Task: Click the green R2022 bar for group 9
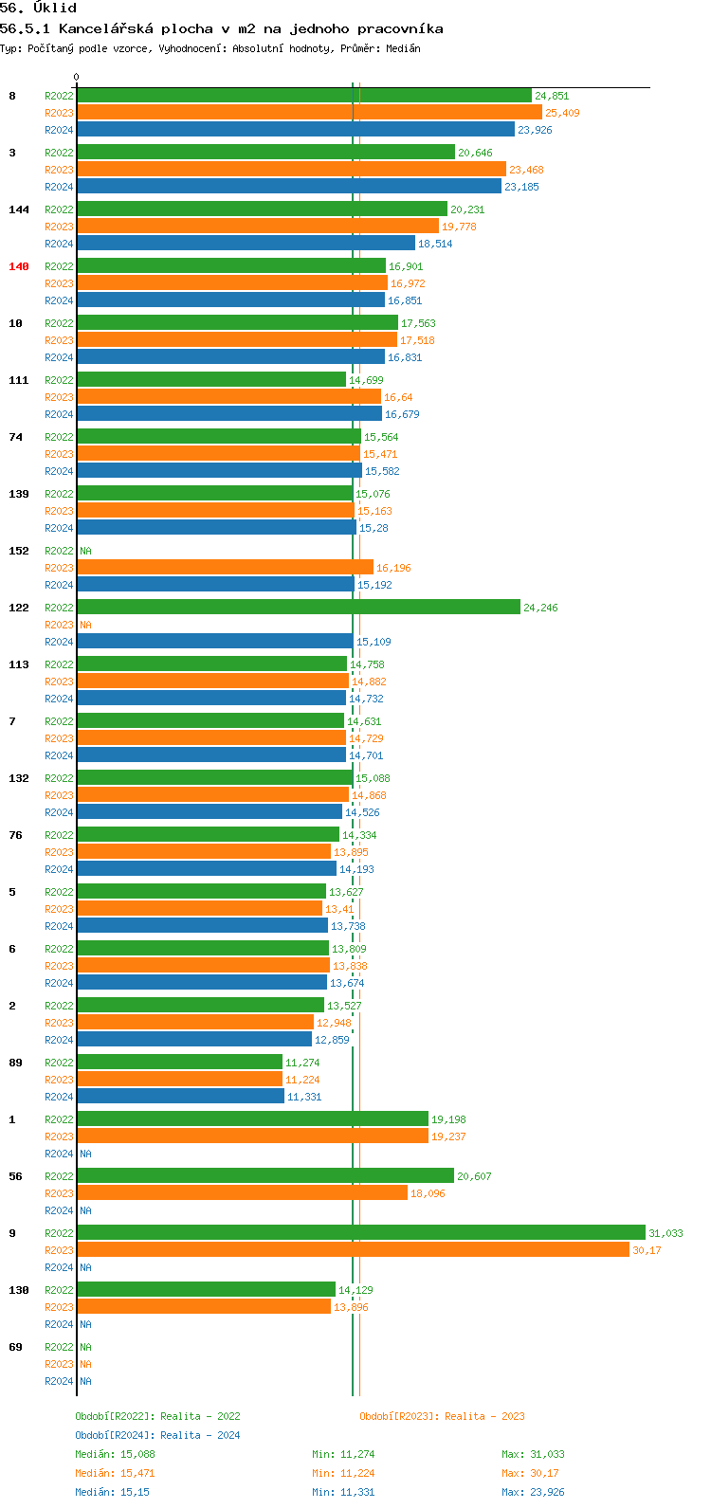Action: pos(360,1232)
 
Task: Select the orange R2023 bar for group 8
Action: pos(309,112)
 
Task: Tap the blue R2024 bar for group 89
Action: pos(180,1096)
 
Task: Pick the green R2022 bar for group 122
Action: pos(299,607)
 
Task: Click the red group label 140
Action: pos(19,266)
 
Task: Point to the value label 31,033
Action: pos(665,1233)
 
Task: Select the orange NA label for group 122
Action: pos(85,625)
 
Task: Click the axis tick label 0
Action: pos(77,78)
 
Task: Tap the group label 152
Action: pos(19,551)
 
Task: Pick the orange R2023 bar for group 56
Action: pos(242,1192)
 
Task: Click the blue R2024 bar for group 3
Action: pos(289,186)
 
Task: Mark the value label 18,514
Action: pos(435,244)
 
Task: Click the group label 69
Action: pos(16,1347)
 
